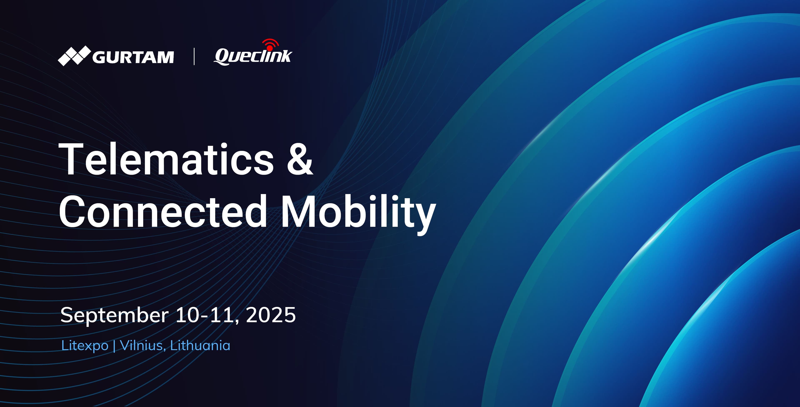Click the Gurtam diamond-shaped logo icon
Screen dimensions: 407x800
click(74, 56)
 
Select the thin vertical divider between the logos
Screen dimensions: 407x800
click(194, 56)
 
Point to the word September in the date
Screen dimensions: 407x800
click(114, 315)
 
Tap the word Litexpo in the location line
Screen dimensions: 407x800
click(84, 346)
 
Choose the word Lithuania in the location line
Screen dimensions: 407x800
click(200, 346)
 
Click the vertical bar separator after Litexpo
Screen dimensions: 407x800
click(114, 346)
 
